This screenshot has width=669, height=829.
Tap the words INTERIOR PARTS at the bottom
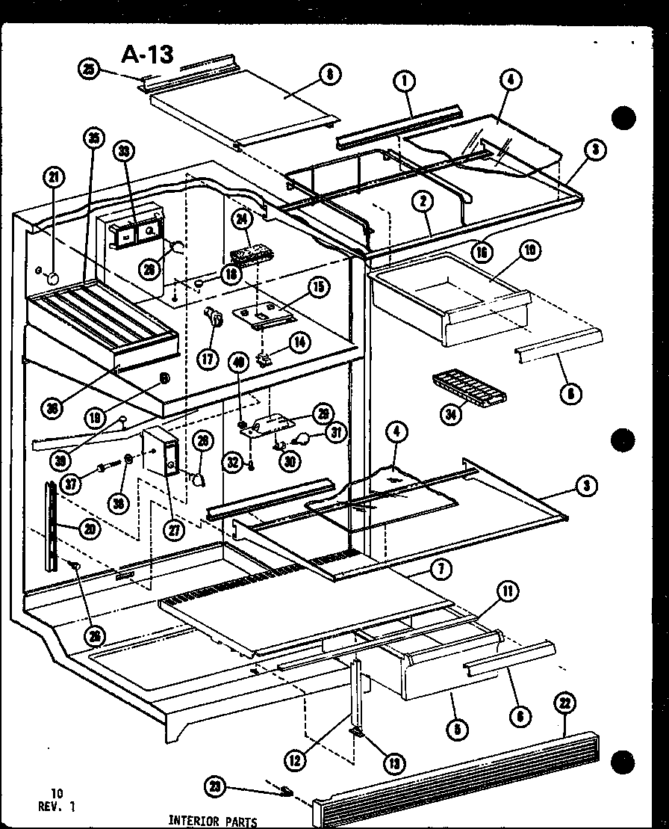tap(213, 822)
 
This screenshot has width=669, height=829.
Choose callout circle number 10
tap(530, 250)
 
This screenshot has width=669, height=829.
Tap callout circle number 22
tap(564, 703)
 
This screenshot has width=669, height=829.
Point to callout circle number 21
tap(53, 178)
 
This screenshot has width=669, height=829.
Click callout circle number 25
tap(88, 70)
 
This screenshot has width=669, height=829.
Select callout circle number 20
tap(89, 529)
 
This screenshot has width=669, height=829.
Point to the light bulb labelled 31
tap(305, 438)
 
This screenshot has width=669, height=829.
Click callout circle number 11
tap(508, 593)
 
